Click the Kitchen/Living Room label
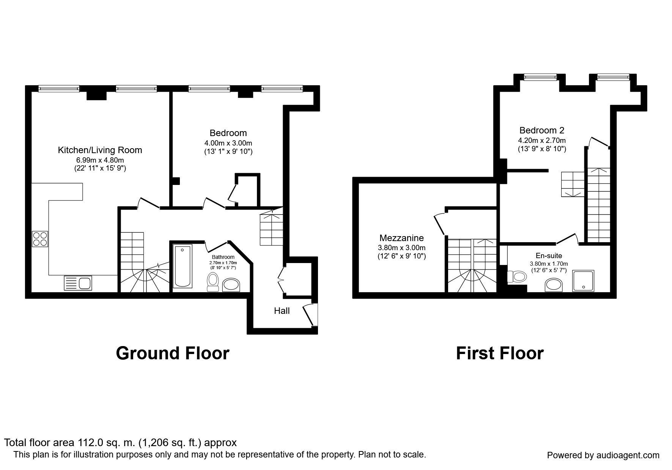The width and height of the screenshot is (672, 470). (x=100, y=150)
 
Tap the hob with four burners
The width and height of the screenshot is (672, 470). (x=40, y=239)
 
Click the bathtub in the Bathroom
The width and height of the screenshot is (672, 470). (x=183, y=266)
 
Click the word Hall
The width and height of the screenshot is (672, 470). (x=282, y=311)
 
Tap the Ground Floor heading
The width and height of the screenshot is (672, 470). (x=173, y=353)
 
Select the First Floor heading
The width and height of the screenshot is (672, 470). (x=500, y=353)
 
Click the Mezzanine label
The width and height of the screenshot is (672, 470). (x=401, y=238)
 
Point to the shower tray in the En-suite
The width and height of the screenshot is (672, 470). (x=583, y=281)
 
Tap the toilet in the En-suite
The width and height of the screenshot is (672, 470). (x=516, y=276)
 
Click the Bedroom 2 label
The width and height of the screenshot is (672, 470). (x=542, y=130)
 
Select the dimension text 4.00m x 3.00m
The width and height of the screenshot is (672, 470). (x=228, y=143)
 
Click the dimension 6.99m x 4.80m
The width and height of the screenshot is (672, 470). (x=100, y=160)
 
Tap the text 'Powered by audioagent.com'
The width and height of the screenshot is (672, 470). (x=603, y=455)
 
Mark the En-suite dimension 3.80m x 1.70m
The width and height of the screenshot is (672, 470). (x=549, y=264)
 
